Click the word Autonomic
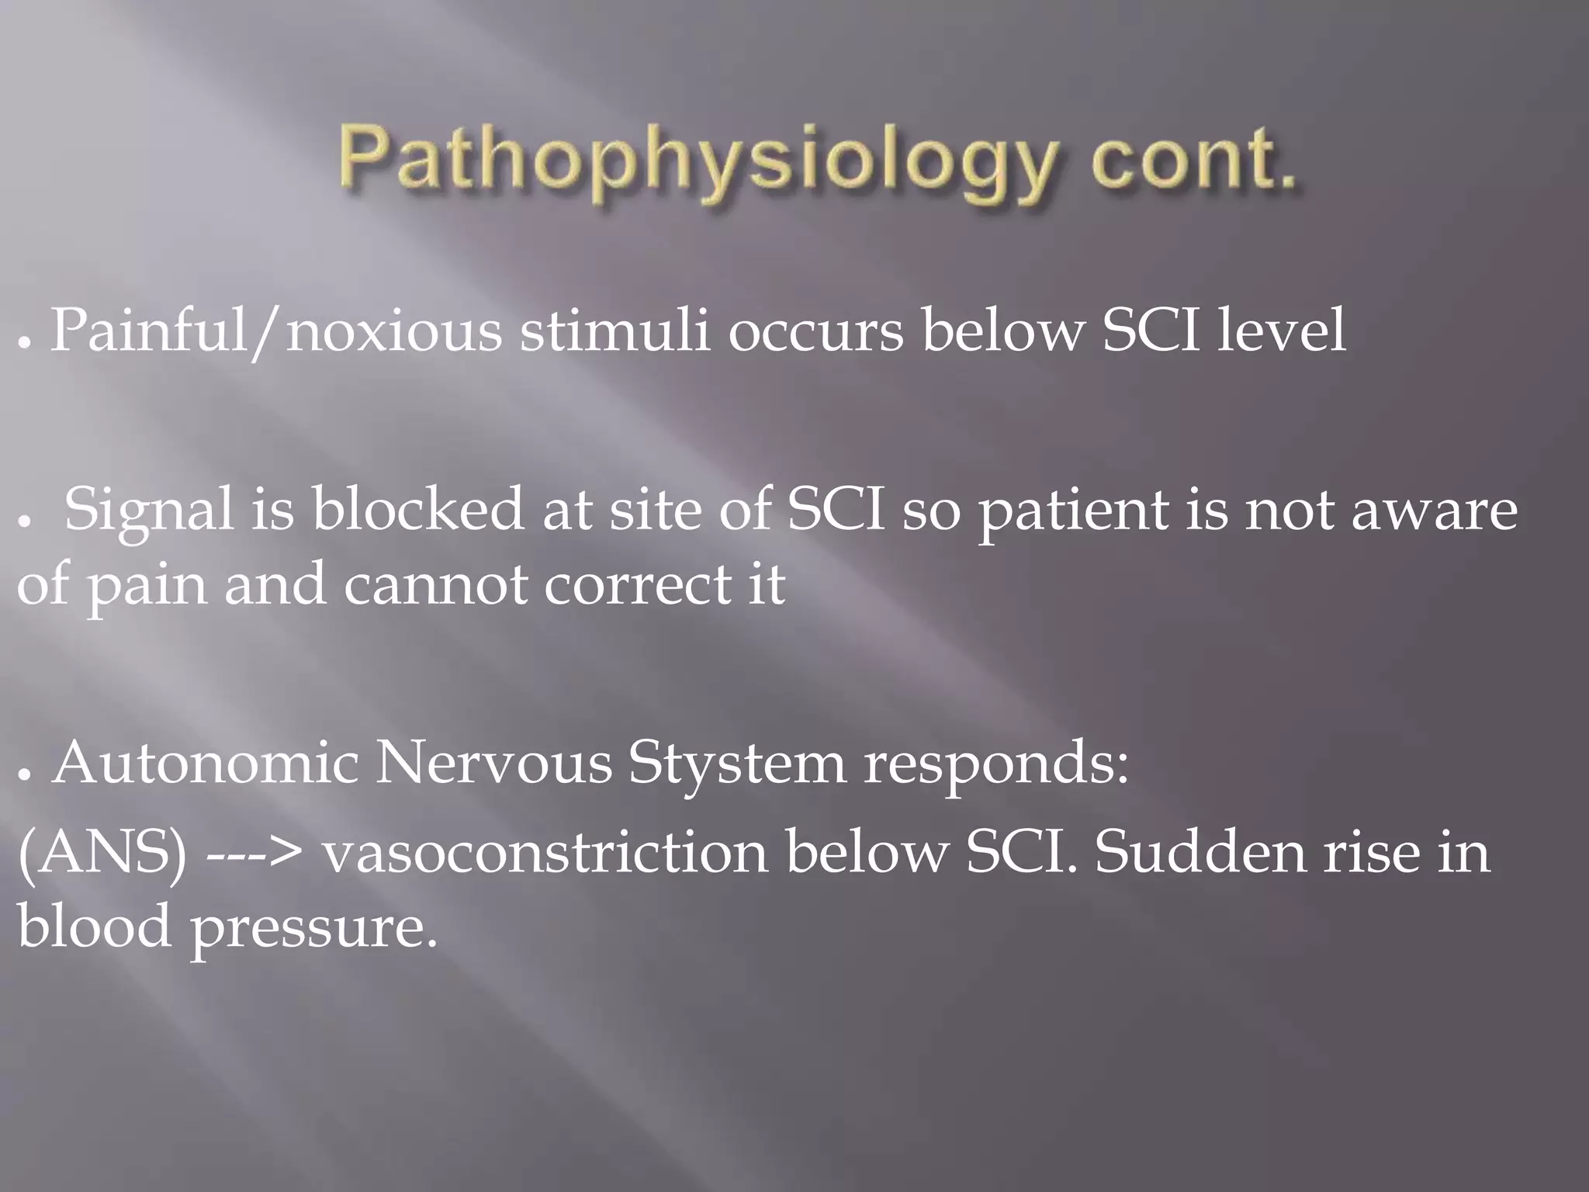(x=205, y=764)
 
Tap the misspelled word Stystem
(x=737, y=764)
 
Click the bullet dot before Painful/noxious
(x=25, y=342)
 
